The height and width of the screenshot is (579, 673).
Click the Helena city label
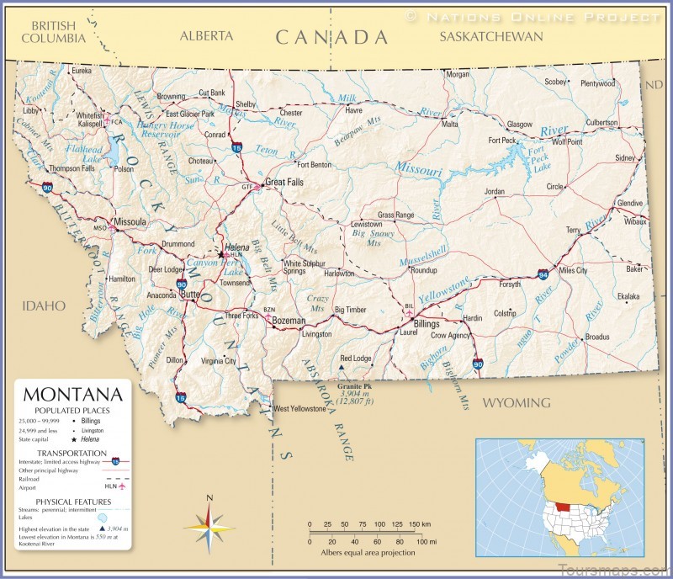tap(237, 247)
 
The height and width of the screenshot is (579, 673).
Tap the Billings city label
tap(427, 323)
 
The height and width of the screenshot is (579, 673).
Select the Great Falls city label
tap(284, 182)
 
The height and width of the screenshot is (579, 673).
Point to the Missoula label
tap(130, 222)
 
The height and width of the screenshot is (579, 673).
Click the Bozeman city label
tap(289, 321)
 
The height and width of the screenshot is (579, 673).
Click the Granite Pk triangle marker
tap(341, 367)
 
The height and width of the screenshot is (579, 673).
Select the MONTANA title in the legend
tap(72, 394)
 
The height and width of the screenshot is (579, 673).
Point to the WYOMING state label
tap(516, 402)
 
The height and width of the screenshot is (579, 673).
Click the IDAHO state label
tap(44, 305)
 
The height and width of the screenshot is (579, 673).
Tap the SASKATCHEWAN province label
tap(491, 36)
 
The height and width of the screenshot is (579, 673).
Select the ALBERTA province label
tap(206, 36)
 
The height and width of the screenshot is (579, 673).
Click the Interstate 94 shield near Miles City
tap(543, 274)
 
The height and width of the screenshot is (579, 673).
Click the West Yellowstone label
tap(299, 409)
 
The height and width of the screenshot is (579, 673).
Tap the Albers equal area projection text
tap(367, 553)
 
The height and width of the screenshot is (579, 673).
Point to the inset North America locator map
tap(559, 497)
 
